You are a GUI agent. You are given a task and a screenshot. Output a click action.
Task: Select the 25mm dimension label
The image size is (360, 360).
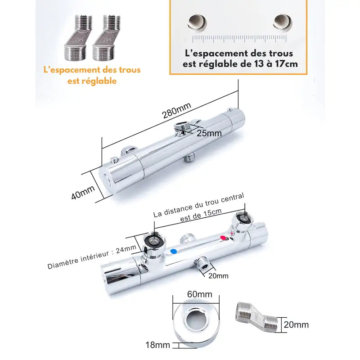(209, 133)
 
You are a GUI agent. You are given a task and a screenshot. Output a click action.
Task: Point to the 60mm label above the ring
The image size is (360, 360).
(199, 294)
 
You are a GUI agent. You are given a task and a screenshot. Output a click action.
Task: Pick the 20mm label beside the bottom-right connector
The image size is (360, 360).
(297, 324)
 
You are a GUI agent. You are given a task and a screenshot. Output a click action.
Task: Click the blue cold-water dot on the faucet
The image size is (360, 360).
(174, 252)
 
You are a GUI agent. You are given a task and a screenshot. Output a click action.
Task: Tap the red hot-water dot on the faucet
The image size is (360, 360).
(221, 238)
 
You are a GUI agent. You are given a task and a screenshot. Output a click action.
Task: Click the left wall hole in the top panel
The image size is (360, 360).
(196, 21)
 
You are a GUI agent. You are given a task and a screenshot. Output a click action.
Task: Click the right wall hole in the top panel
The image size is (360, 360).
(282, 21)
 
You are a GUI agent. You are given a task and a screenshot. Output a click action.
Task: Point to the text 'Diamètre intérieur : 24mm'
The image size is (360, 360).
(92, 257)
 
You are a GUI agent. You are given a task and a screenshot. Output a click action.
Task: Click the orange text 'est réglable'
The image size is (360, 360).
(92, 81)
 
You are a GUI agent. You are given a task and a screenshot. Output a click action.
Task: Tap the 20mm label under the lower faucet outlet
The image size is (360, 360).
(219, 275)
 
